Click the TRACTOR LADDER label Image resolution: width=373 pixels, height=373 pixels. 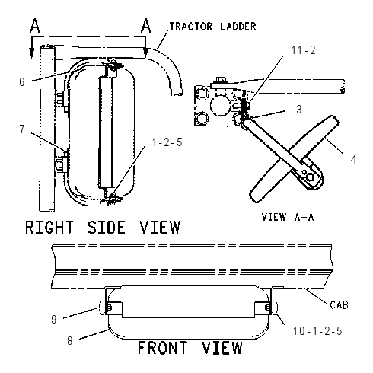click(x=212, y=27)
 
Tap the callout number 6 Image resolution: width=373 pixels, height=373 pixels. click(x=22, y=82)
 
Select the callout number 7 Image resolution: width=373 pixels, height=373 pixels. click(x=22, y=129)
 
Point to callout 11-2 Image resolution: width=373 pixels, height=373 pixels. click(x=303, y=50)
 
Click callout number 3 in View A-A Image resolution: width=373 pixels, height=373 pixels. click(x=299, y=110)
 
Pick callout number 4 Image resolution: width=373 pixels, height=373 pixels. click(x=353, y=160)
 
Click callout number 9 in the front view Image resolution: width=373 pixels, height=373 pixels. click(x=54, y=320)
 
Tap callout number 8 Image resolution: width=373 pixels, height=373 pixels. click(x=70, y=341)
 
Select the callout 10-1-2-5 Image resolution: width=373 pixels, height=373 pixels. click(x=317, y=331)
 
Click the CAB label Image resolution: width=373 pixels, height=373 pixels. click(x=339, y=304)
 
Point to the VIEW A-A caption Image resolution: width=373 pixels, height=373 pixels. click(x=288, y=217)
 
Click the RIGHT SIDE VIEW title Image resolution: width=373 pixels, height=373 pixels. click(x=103, y=227)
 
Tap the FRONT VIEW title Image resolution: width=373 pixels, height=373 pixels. click(x=190, y=348)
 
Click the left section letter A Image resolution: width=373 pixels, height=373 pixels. click(x=35, y=25)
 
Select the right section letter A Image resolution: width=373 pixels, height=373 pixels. click(x=146, y=25)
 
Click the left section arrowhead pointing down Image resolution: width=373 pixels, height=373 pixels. click(x=32, y=53)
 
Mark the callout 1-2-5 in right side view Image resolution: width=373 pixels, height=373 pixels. click(x=167, y=142)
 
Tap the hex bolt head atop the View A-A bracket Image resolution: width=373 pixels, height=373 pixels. click(x=222, y=80)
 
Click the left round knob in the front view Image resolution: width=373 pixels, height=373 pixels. click(x=101, y=308)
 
